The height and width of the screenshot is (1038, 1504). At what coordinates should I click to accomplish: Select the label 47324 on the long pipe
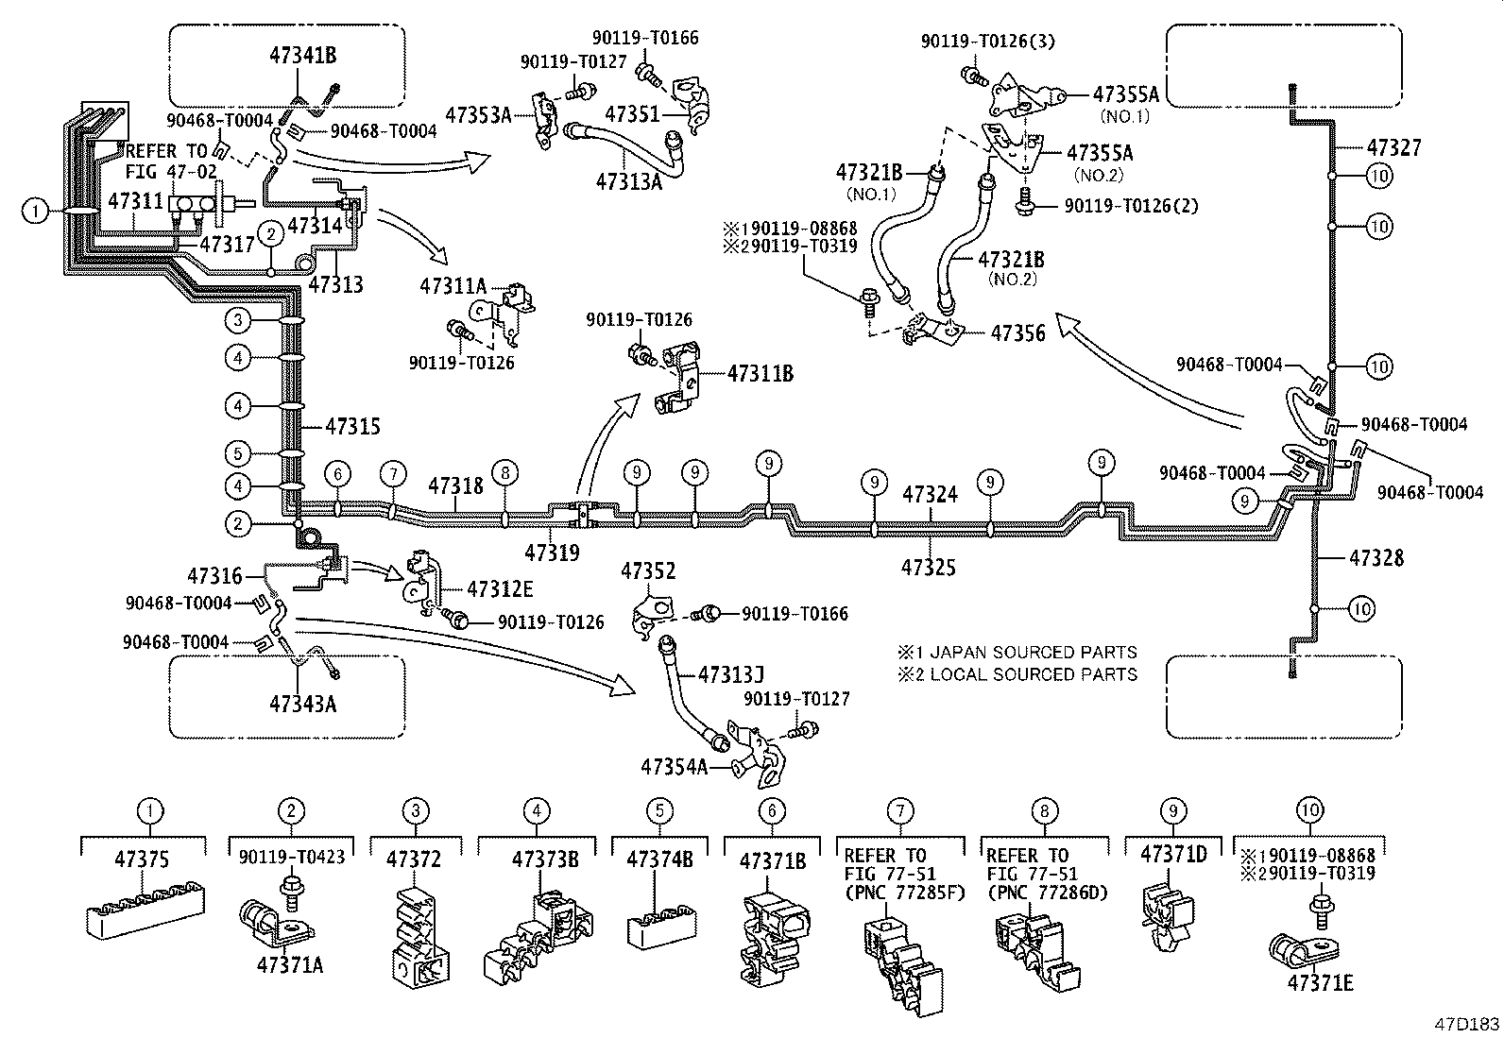click(930, 495)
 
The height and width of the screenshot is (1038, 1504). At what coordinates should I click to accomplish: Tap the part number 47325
click(928, 567)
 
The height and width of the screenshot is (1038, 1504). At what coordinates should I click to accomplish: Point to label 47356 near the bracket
click(1017, 332)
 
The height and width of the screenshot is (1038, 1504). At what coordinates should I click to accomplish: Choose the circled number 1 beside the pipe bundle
click(34, 212)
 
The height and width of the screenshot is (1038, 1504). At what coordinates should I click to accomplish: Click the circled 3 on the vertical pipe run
click(239, 321)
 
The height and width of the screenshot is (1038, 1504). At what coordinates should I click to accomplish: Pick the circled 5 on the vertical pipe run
click(239, 453)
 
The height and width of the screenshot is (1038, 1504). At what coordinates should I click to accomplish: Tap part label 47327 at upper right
click(1393, 148)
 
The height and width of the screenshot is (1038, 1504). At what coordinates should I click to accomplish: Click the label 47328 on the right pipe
click(1376, 558)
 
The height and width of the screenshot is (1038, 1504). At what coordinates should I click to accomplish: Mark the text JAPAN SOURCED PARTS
click(1027, 653)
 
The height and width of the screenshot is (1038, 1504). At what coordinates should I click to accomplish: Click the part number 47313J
click(730, 674)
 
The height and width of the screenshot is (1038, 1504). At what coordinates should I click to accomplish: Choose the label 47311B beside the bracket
click(760, 374)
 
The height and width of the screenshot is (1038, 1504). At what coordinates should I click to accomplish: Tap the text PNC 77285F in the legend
click(898, 893)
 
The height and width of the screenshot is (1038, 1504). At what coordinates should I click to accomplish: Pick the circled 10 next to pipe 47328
click(1360, 609)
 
